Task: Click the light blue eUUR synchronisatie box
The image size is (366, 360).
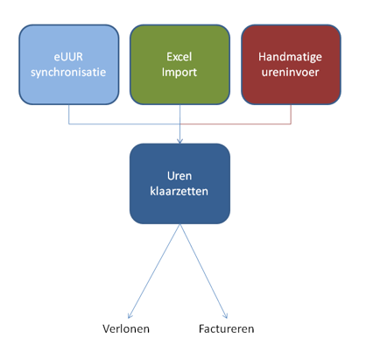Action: [x=69, y=65]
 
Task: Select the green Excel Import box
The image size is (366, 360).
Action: [x=179, y=65]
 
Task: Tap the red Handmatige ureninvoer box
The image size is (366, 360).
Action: [x=291, y=65]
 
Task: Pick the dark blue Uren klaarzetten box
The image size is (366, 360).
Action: [x=179, y=184]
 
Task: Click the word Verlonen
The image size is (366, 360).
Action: [x=126, y=328]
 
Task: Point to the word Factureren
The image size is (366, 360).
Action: [x=227, y=328]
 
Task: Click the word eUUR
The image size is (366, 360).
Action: [x=68, y=57]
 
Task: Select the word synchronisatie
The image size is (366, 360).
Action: [x=68, y=73]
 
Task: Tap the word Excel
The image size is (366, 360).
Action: [x=179, y=57]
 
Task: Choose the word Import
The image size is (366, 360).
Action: [x=179, y=73]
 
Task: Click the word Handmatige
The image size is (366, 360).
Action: [x=290, y=57]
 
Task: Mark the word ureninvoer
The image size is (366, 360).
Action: [x=290, y=72]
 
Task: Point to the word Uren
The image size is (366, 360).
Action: [x=179, y=176]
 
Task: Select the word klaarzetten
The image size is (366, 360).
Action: [x=179, y=191]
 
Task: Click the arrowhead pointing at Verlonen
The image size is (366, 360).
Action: [x=130, y=316]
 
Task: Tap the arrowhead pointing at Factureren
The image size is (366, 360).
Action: [x=225, y=316]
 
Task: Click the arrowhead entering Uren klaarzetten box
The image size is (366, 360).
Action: [x=180, y=141]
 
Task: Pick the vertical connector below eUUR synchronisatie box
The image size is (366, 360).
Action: [x=69, y=114]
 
